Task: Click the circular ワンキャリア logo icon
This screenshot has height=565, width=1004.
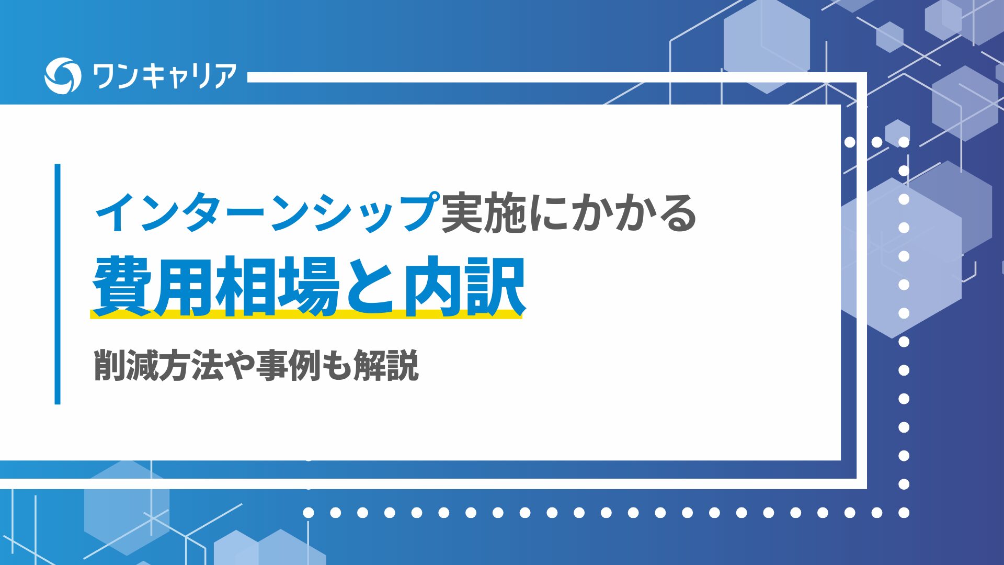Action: pos(63,76)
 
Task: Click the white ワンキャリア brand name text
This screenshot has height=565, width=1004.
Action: pos(164,76)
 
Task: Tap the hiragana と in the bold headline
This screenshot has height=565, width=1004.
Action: pos(370,287)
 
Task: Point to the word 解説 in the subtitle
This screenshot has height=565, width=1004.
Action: pos(386,365)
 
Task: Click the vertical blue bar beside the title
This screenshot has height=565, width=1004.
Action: pos(58,284)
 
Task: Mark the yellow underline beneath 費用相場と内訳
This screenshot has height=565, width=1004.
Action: pos(306,314)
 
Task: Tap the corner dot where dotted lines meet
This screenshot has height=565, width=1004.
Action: pos(904,513)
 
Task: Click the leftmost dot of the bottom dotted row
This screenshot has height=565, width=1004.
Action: pos(309,513)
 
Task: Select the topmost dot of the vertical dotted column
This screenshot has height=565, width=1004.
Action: pos(904,142)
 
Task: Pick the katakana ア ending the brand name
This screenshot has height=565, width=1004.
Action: pos(224,76)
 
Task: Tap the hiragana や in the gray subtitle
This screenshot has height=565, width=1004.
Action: pos(239,365)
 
